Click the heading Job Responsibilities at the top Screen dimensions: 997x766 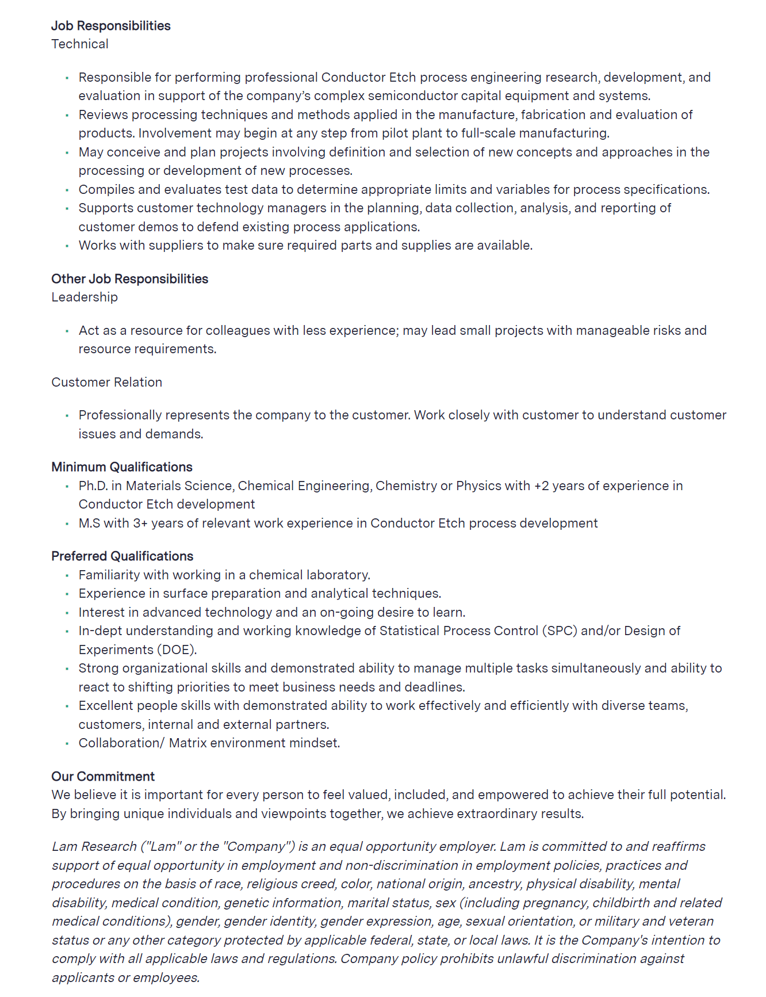click(x=110, y=26)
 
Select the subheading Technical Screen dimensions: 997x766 click(x=79, y=44)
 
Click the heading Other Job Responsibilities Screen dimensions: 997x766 click(x=129, y=279)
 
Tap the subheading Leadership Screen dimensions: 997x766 click(x=84, y=297)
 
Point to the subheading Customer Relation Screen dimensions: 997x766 click(x=106, y=383)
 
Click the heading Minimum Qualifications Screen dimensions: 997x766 click(x=121, y=467)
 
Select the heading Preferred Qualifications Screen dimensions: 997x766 click(x=122, y=556)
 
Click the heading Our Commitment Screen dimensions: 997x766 click(x=103, y=777)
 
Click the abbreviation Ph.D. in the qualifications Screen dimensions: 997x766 click(x=93, y=486)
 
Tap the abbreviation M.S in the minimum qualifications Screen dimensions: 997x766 click(x=89, y=524)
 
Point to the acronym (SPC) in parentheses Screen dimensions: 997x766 click(x=559, y=631)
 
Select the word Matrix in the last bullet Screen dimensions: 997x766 click(x=187, y=743)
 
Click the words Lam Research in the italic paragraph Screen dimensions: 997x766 click(x=94, y=847)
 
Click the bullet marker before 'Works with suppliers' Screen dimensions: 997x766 click(x=67, y=246)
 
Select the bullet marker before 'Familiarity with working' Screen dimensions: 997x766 click(x=67, y=575)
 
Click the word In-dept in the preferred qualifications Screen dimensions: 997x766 click(x=100, y=631)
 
